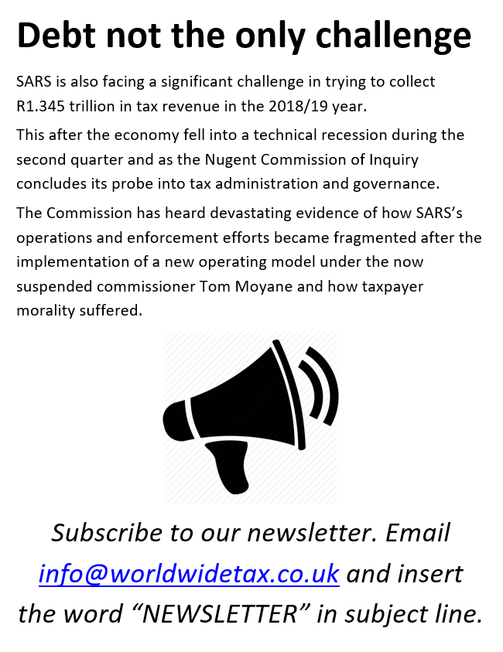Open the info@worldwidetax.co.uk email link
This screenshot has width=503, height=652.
pyautogui.click(x=189, y=574)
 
